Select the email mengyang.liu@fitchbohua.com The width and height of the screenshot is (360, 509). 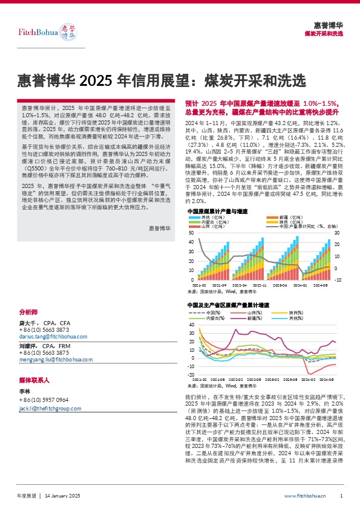coord(51,359)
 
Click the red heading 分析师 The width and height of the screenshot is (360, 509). coord(28,312)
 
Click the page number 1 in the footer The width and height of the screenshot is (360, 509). coord(342,496)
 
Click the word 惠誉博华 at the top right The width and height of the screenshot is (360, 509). coord(329,25)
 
